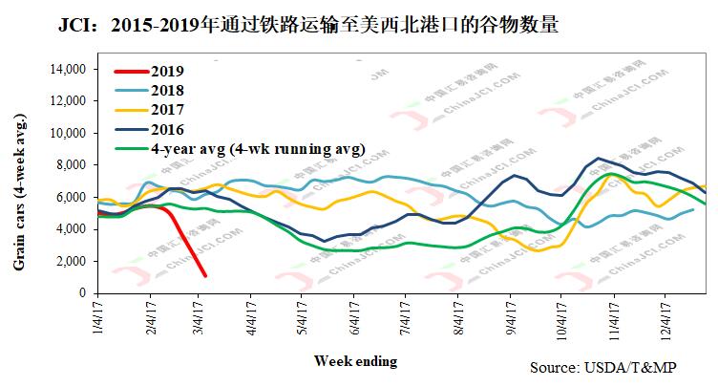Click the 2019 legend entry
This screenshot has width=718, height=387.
(x=166, y=72)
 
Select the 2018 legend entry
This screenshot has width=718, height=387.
(x=166, y=91)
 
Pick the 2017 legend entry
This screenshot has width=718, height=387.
(x=166, y=110)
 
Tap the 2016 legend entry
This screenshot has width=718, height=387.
(x=166, y=129)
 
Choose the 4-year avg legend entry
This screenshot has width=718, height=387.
(x=257, y=148)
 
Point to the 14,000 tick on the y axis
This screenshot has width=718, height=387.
(x=68, y=69)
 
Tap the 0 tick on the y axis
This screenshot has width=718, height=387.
(x=83, y=293)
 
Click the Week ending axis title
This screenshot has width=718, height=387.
(x=355, y=360)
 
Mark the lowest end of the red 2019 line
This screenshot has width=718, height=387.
(x=206, y=276)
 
